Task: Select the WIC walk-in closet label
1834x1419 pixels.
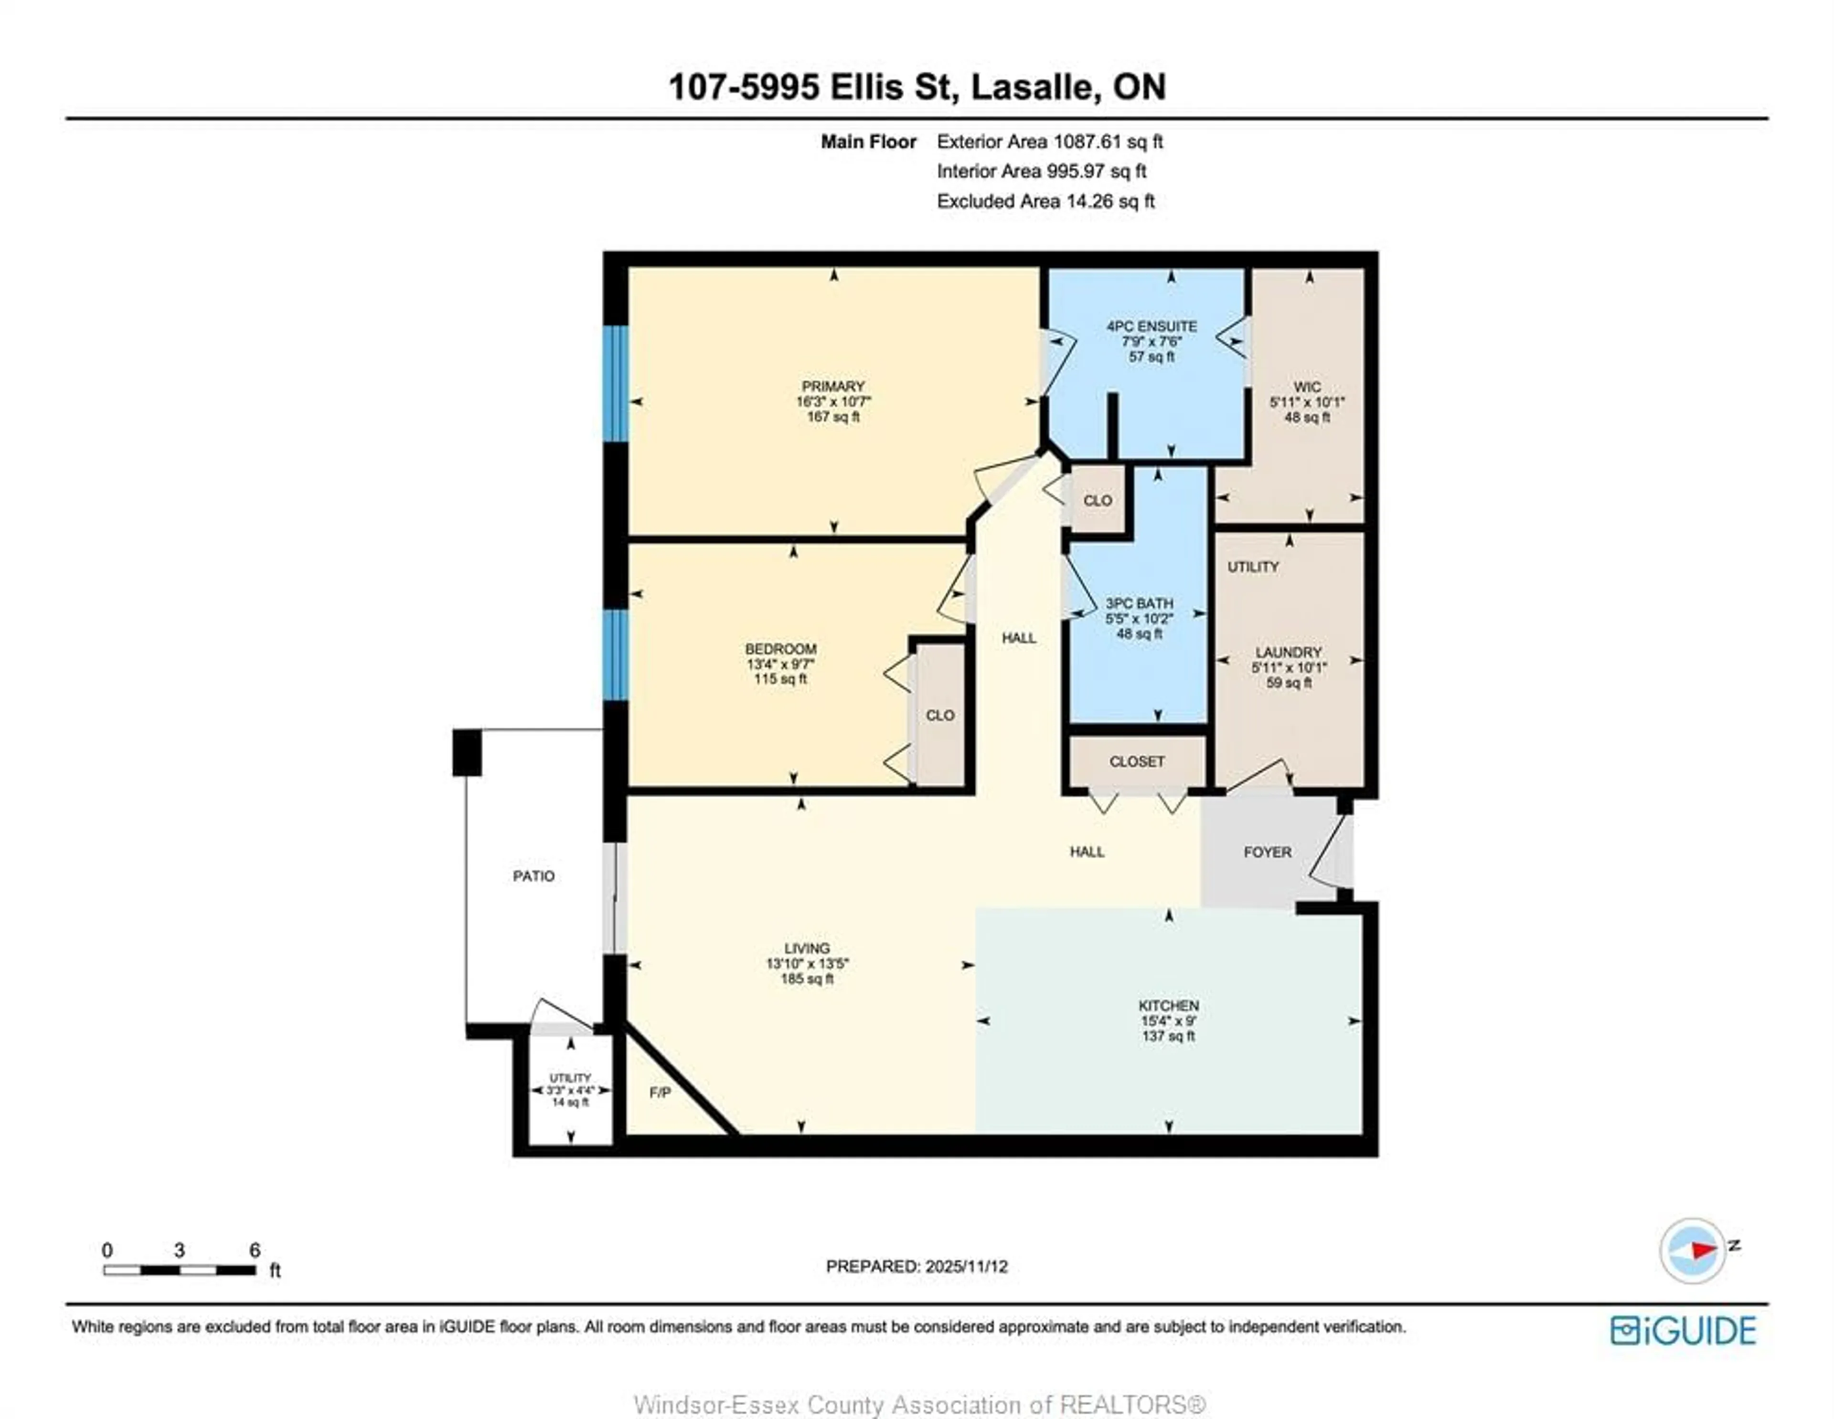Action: (1307, 387)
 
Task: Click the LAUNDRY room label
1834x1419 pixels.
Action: (1288, 653)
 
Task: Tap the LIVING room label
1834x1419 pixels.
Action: (807, 948)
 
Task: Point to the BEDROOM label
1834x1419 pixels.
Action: (780, 649)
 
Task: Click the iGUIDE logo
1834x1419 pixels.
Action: (1683, 1331)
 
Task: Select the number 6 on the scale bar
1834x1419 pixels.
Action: (255, 1250)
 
